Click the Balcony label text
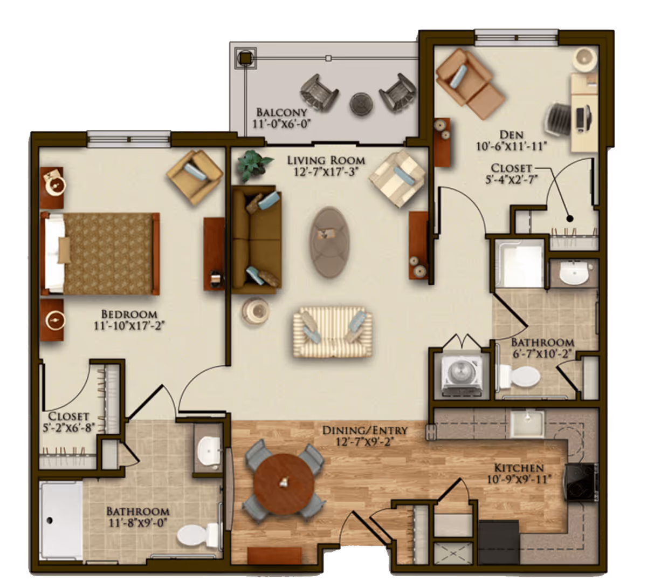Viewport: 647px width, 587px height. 281,112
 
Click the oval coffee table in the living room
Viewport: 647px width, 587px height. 329,242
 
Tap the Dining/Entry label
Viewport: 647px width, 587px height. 364,431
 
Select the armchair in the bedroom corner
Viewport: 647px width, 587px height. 194,169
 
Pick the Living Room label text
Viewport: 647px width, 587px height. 326,160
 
